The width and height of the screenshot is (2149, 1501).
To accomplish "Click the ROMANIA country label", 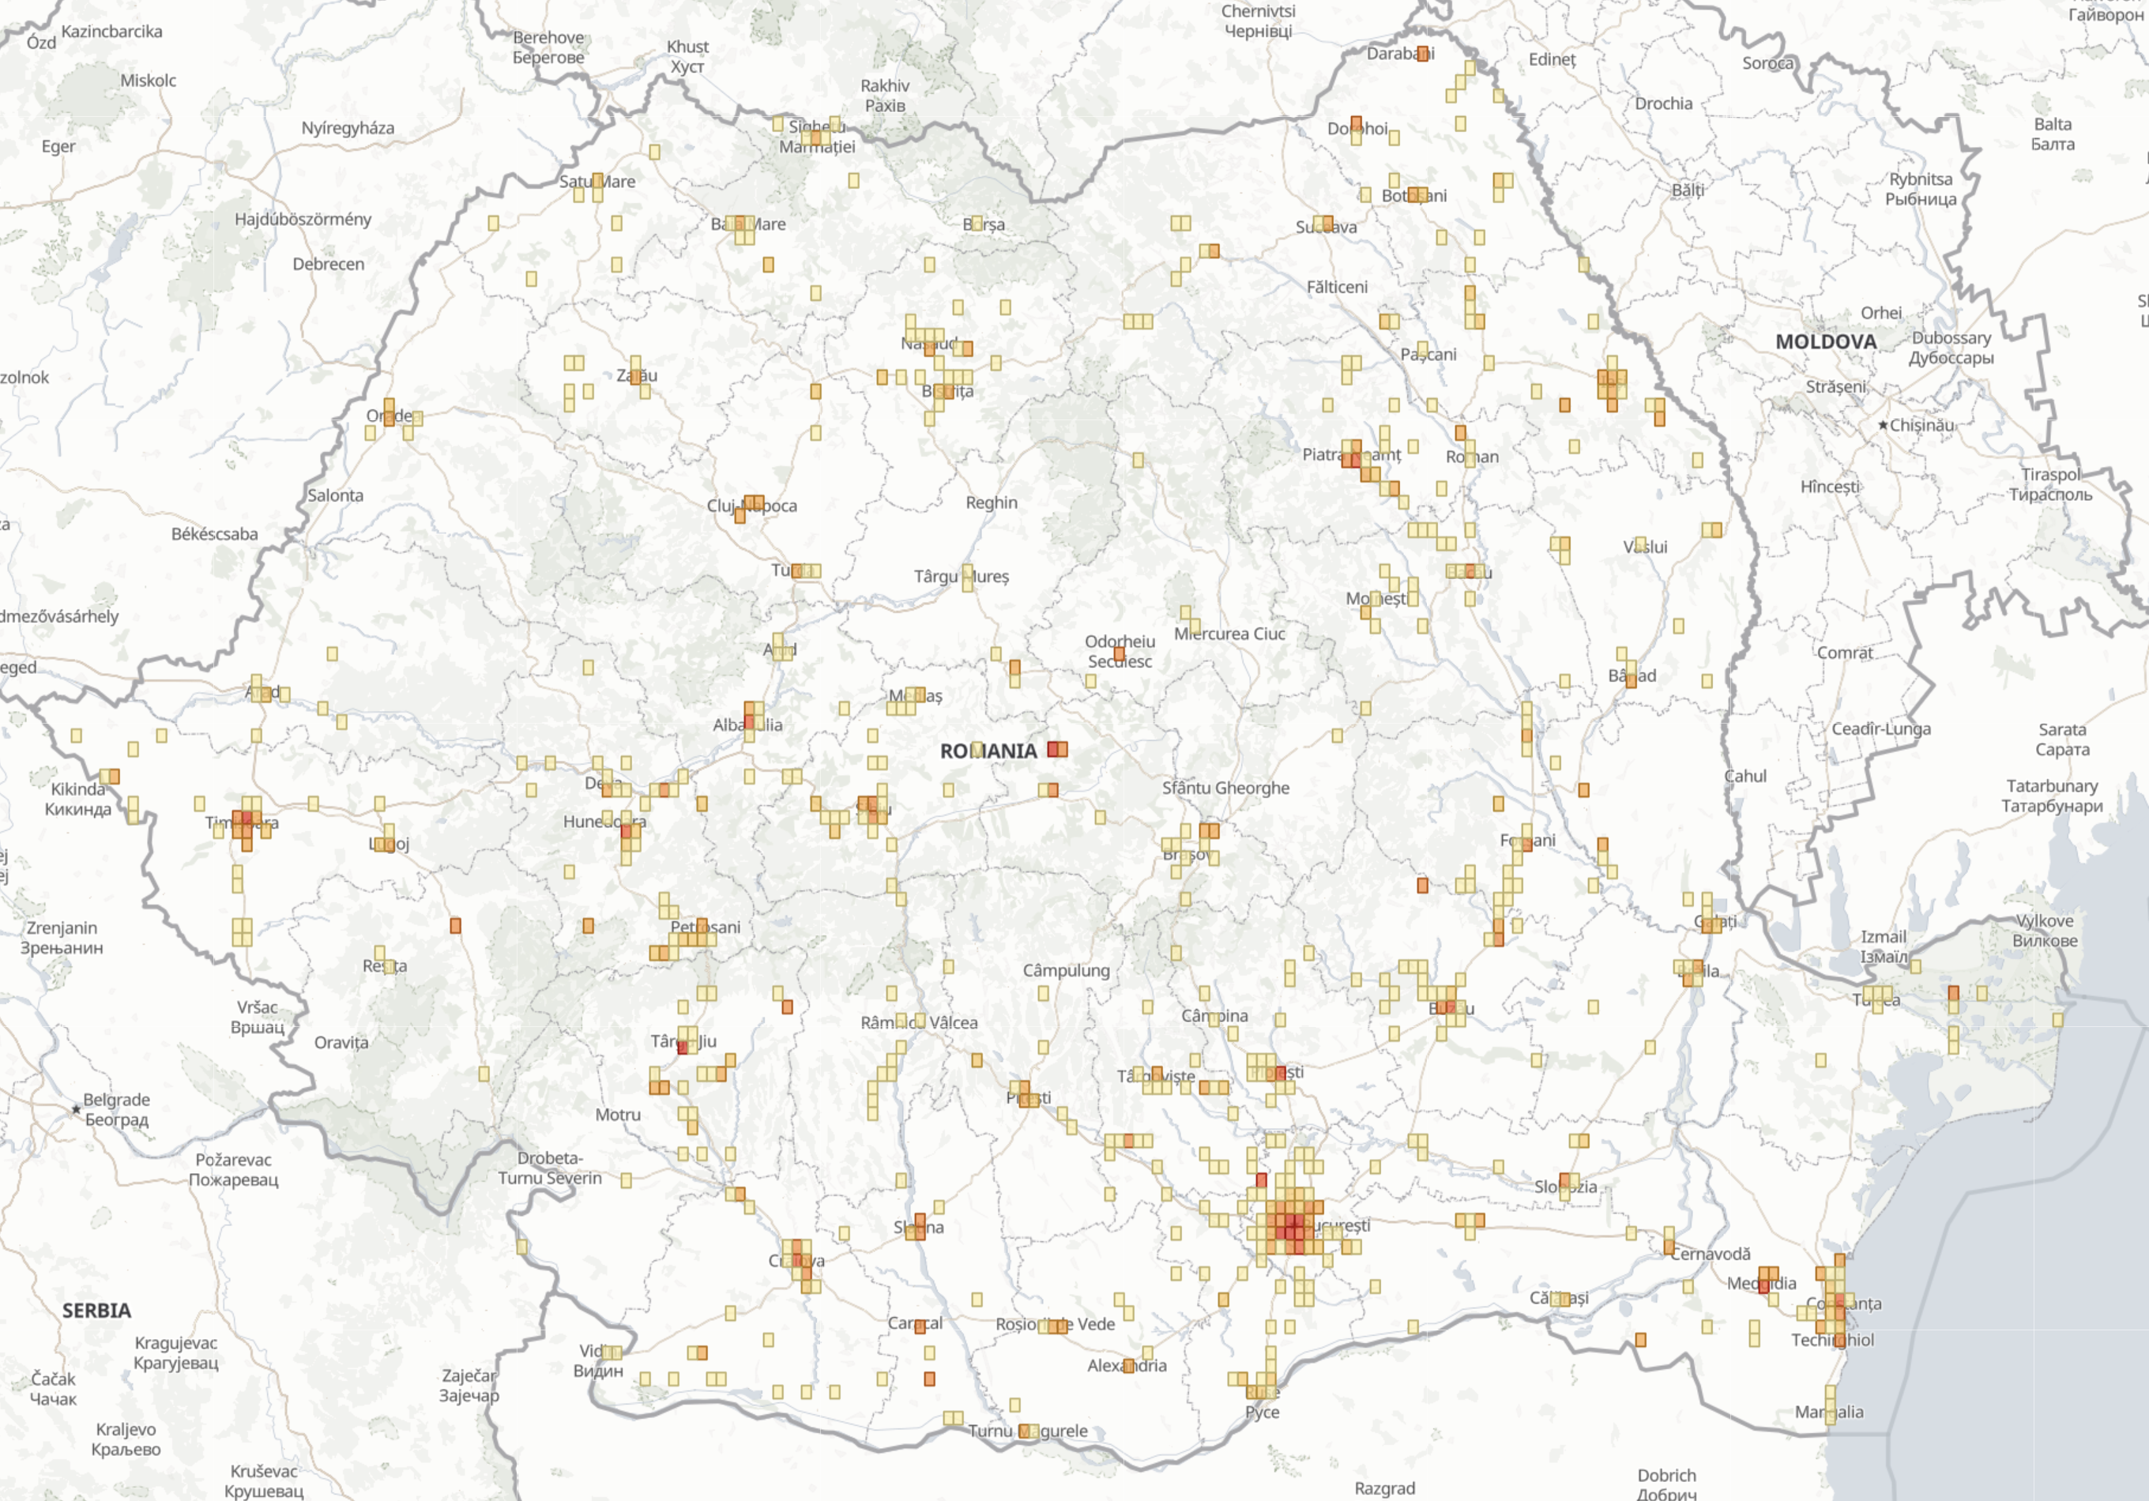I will click(x=988, y=751).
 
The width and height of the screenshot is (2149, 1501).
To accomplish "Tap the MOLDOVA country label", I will click(x=1825, y=341).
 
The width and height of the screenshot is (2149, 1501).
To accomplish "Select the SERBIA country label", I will click(x=96, y=1310).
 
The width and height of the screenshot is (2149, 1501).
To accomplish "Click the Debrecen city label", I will click(x=329, y=264).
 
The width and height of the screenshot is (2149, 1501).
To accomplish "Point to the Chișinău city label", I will click(x=1921, y=425).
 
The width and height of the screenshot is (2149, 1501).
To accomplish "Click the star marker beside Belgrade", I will click(x=77, y=1110).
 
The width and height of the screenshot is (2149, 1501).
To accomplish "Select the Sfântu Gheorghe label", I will click(x=1225, y=788).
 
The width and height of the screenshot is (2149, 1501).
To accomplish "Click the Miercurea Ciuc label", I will click(x=1230, y=634).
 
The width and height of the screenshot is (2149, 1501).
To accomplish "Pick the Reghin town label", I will click(x=992, y=502).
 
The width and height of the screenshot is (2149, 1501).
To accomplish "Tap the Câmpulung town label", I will click(x=1066, y=970).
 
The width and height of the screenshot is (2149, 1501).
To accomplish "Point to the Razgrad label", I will click(x=1384, y=1488).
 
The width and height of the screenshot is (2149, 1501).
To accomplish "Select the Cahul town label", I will click(x=1745, y=776).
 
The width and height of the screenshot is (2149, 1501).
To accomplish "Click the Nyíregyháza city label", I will click(x=348, y=128).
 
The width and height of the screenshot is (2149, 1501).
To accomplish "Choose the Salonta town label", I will click(x=335, y=495).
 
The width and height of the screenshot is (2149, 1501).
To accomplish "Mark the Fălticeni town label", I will click(x=1337, y=288).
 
